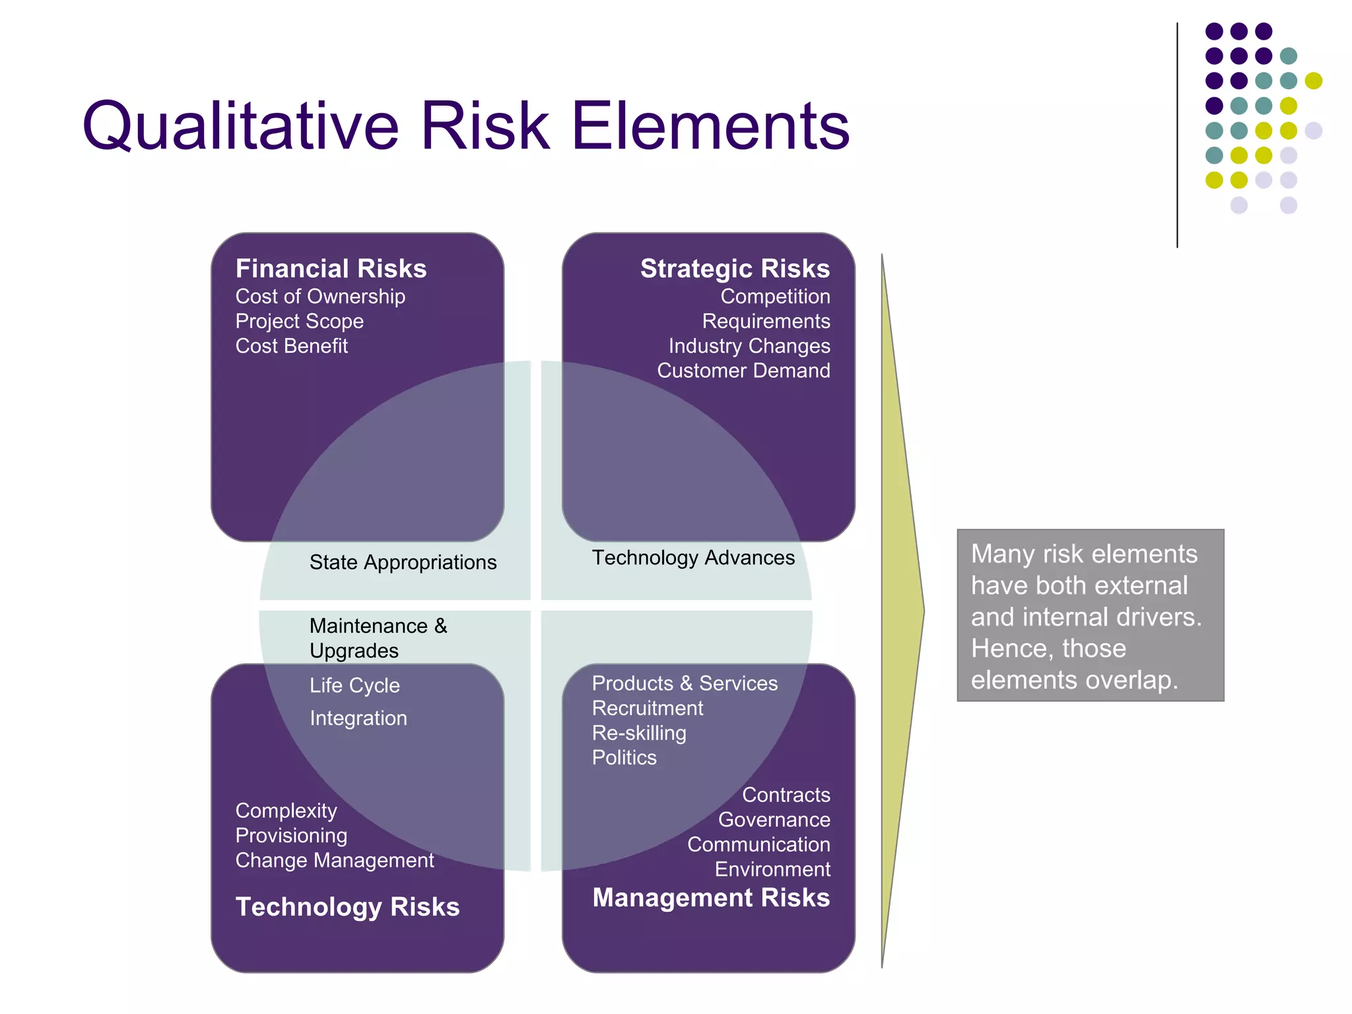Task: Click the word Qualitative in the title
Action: coord(240,126)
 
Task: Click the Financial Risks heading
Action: coord(331,269)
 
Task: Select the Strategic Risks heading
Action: coord(735,269)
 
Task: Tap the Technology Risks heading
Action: coord(347,906)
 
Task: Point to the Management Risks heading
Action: coord(711,898)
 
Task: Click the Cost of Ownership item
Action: coord(320,296)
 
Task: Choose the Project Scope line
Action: coord(300,321)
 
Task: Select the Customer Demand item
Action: coord(743,371)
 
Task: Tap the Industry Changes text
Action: coord(749,346)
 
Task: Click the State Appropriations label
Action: coord(403,562)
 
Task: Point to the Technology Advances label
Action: coord(693,558)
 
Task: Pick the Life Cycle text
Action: coord(355,685)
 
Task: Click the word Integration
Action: coord(358,718)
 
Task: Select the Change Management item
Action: coord(335,860)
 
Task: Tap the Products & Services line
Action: coord(685,683)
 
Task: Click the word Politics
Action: coord(625,758)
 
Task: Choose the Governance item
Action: coord(774,820)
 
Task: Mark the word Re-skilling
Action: coord(639,733)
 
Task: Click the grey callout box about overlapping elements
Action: coord(1090,615)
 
